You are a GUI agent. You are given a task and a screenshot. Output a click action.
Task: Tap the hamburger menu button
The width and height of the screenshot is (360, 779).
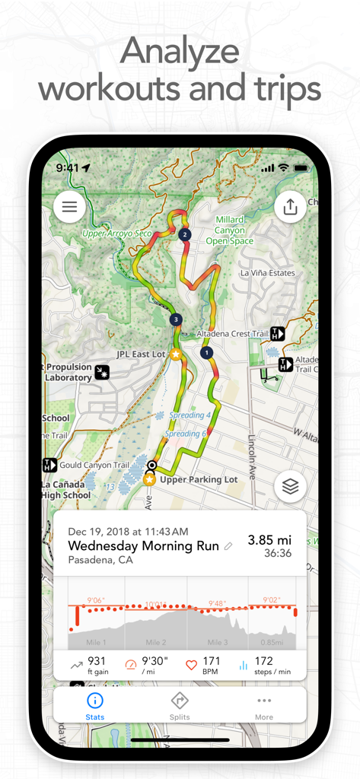pyautogui.click(x=69, y=207)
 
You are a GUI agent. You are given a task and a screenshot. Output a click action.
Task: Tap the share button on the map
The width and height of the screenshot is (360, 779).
pyautogui.click(x=290, y=206)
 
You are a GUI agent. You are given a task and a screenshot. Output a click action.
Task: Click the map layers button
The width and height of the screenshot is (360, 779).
pyautogui.click(x=290, y=487)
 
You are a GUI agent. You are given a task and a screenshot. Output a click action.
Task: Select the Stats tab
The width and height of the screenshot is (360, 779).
pyautogui.click(x=95, y=707)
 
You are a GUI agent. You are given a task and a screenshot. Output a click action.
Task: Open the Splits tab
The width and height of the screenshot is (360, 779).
pyautogui.click(x=180, y=707)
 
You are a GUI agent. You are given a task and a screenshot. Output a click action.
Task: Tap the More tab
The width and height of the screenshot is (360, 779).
pyautogui.click(x=264, y=707)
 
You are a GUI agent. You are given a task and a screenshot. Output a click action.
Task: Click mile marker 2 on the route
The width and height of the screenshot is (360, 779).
pyautogui.click(x=183, y=235)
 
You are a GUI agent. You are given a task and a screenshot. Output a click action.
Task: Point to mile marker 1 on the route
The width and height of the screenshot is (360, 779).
pyautogui.click(x=205, y=352)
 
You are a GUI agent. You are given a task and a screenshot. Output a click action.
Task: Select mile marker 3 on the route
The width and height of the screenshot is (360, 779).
pyautogui.click(x=177, y=320)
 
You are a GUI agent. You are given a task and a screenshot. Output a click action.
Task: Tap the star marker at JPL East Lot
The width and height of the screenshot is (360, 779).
pyautogui.click(x=176, y=355)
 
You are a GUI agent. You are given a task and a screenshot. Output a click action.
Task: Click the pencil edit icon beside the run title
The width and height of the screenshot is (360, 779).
pyautogui.click(x=228, y=546)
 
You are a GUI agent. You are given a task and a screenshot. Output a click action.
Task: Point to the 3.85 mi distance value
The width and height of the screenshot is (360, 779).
pyautogui.click(x=269, y=539)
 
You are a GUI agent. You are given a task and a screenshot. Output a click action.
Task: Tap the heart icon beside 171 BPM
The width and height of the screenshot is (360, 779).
pyautogui.click(x=191, y=665)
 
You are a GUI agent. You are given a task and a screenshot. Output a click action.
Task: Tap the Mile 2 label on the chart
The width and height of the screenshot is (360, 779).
pyautogui.click(x=156, y=642)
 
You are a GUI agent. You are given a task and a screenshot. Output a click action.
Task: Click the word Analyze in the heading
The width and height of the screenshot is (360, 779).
pyautogui.click(x=180, y=52)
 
